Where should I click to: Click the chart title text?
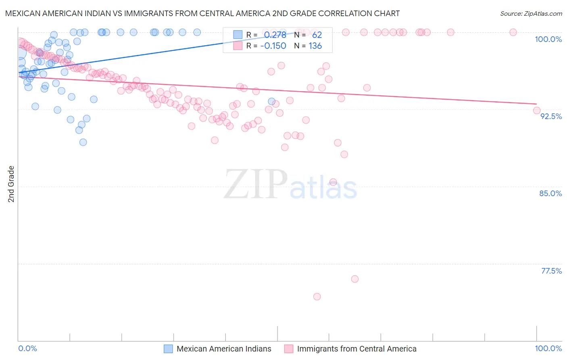(202, 13)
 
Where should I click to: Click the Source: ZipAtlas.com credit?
(531, 13)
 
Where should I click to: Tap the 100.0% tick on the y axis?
(548, 39)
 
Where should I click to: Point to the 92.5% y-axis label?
(551, 116)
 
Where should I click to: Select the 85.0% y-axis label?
(550, 193)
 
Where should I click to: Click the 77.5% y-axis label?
(551, 271)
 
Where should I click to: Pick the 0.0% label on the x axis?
(27, 348)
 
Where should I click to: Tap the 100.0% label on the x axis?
(548, 348)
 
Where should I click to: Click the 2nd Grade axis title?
(11, 184)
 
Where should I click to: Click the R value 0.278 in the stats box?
(275, 35)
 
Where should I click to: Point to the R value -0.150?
(273, 46)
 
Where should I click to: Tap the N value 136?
(315, 46)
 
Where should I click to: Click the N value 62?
(317, 35)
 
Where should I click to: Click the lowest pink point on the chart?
(317, 297)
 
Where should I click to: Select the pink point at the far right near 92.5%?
(536, 110)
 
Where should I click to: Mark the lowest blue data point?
(83, 142)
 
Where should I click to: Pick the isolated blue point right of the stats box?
(272, 101)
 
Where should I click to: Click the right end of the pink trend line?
(536, 104)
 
